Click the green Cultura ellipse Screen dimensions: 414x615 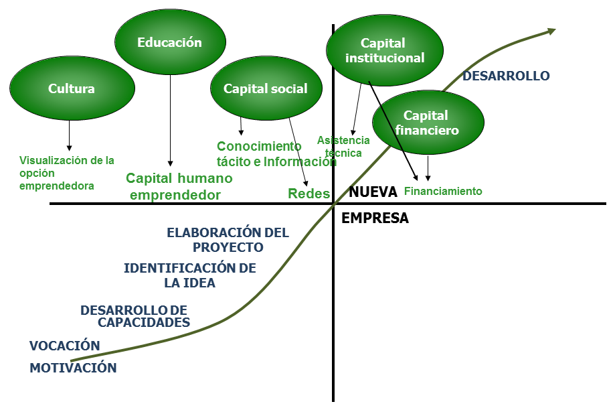pos(72,88)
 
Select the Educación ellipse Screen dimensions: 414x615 pos(169,42)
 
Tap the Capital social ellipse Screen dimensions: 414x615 pos(266,88)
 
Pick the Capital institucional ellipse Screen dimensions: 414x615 pos(385,51)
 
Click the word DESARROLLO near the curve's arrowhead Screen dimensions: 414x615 pos(506,76)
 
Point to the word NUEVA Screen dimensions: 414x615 pos(373,192)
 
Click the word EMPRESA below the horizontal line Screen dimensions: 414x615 pos(375,218)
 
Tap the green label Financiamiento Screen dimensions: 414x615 pos(443,191)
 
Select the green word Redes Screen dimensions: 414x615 pos(309,194)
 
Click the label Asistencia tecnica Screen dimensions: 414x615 pos(343,147)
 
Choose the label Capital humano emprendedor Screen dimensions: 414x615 pos(179,187)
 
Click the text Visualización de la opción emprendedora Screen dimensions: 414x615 pos(66,173)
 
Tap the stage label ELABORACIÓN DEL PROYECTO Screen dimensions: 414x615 pos(228,240)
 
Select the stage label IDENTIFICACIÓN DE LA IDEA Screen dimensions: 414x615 pos(190,275)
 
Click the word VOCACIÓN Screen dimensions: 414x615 pos(64,346)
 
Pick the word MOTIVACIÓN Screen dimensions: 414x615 pos(73,368)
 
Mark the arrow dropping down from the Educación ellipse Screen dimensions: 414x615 pos(170,121)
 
